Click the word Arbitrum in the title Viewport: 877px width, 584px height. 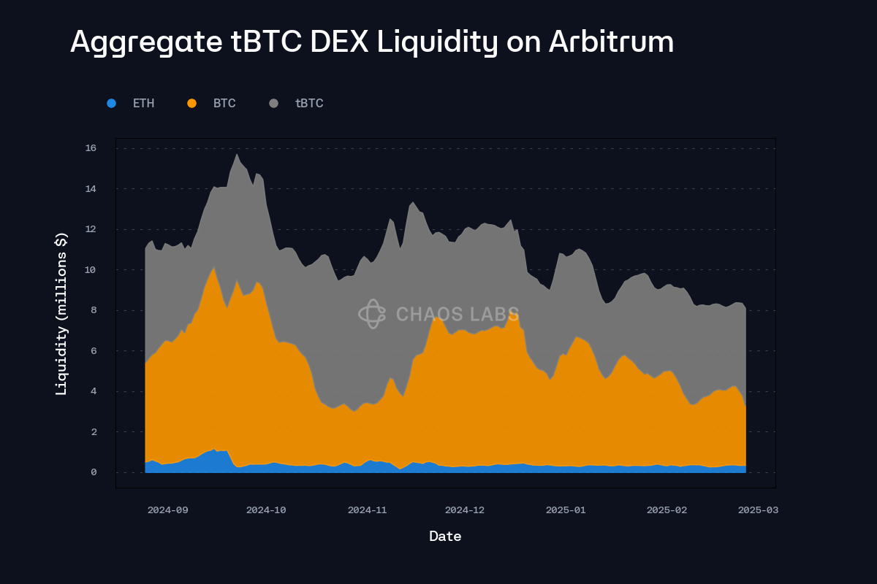611,42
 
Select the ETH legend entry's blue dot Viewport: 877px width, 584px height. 111,104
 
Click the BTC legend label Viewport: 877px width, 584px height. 224,104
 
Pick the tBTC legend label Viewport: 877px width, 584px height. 309,104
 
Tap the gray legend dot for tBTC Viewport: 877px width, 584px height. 273,104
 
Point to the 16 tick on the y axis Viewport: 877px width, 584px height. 91,148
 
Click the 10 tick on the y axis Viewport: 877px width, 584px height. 91,270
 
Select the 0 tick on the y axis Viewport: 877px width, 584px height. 94,472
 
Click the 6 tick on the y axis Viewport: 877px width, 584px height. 94,351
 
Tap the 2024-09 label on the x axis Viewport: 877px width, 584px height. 167,510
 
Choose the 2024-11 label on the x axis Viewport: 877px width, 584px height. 367,510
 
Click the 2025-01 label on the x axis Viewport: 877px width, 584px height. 566,510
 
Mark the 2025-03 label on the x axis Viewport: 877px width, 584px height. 758,510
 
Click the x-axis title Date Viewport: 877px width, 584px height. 445,537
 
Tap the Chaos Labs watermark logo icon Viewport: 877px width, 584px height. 371,314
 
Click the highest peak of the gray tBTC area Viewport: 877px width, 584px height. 237,155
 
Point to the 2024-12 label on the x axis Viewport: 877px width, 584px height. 465,510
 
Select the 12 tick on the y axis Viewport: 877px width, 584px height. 91,229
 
